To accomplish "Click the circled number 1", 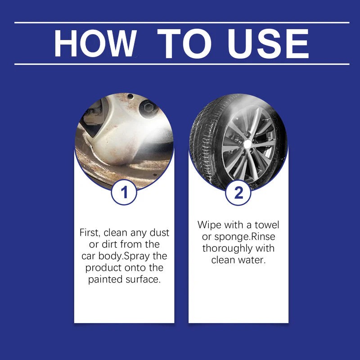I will (124, 193).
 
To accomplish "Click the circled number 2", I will (238, 193).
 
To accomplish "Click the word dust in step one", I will (160, 233).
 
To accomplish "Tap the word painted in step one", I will (105, 280).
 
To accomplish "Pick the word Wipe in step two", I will (208, 225).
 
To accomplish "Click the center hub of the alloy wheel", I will (247, 143).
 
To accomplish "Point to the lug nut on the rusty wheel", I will (147, 108).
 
